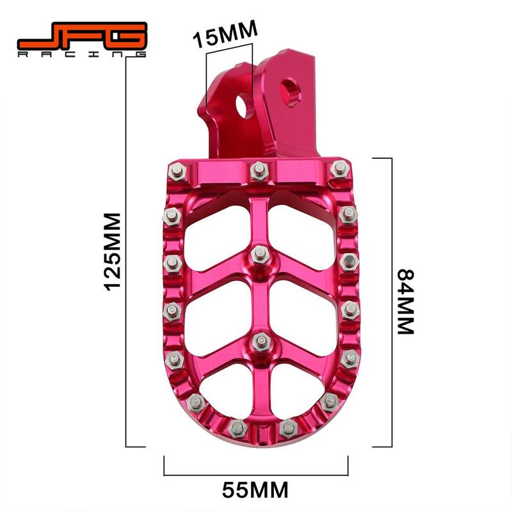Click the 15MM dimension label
225,29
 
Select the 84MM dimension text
406,301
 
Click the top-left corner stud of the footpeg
176,170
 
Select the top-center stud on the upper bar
259,170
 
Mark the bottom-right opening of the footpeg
291,384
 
